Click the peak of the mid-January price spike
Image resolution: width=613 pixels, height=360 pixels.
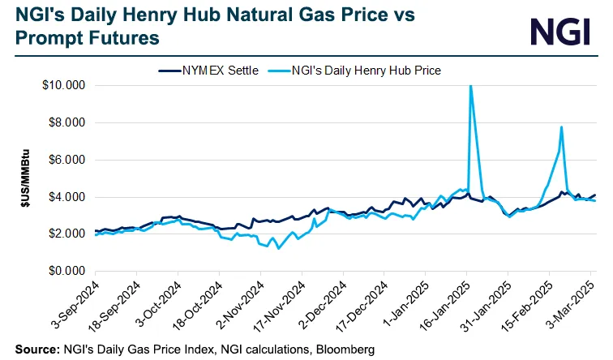click(x=470, y=86)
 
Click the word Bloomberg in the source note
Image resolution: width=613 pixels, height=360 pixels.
click(x=345, y=350)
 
